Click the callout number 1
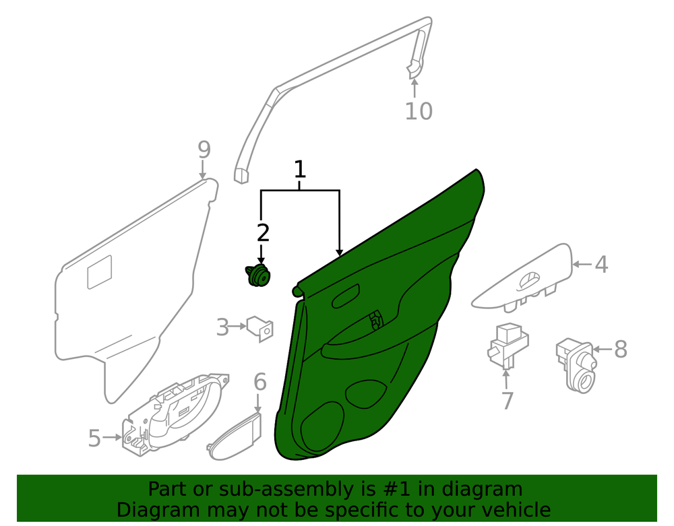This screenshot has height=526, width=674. [x=300, y=169]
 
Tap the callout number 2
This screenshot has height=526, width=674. [x=263, y=233]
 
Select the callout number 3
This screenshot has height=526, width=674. [x=222, y=327]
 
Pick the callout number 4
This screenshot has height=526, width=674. [x=601, y=265]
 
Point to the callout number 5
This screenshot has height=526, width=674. [x=94, y=438]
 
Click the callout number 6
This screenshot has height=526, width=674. [x=260, y=382]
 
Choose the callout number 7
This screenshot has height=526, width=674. [x=508, y=401]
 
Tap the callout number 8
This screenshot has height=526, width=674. [x=621, y=349]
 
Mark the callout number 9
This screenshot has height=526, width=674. [x=204, y=150]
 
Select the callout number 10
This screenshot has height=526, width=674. [x=419, y=111]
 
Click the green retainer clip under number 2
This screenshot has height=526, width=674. [x=258, y=275]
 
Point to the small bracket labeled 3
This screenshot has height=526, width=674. [x=260, y=329]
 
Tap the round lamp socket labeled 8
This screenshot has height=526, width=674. [x=577, y=364]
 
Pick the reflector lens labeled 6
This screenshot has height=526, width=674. [x=235, y=436]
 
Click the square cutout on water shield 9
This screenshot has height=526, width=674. [x=100, y=272]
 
